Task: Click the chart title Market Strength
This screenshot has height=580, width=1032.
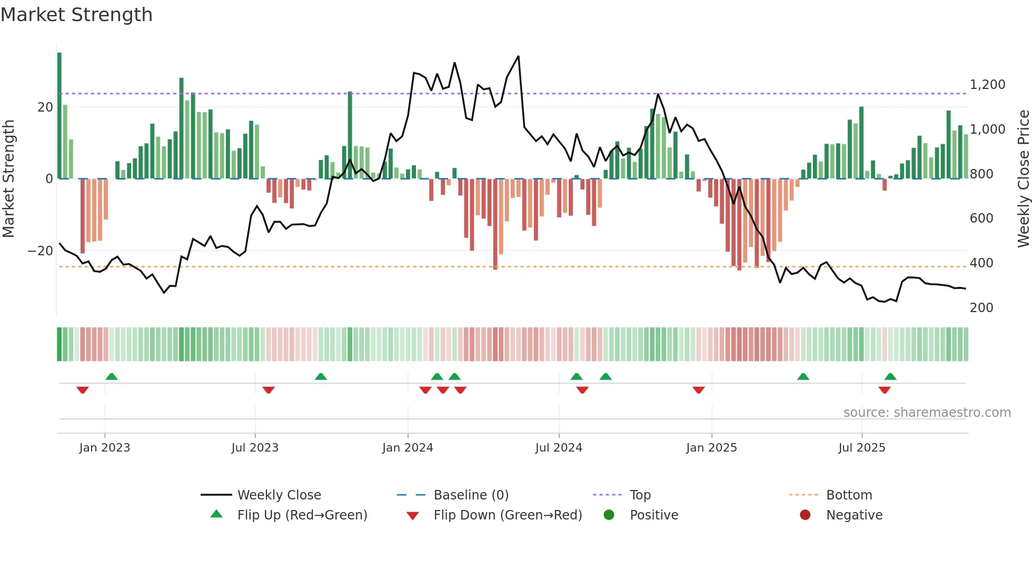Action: [x=76, y=15]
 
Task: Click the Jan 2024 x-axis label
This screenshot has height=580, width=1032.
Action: [x=408, y=448]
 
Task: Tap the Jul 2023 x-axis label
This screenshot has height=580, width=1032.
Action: [x=255, y=448]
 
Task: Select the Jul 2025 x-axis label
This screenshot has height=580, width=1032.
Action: [x=862, y=448]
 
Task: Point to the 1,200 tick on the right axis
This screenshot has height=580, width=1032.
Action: [x=987, y=85]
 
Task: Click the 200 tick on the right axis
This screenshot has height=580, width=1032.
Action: [x=981, y=308]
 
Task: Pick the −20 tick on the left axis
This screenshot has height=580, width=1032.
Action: [x=41, y=251]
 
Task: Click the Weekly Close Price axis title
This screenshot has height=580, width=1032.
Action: [x=1023, y=179]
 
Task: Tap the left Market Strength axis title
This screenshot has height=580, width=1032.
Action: [x=9, y=179]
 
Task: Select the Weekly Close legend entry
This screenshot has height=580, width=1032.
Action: [x=279, y=495]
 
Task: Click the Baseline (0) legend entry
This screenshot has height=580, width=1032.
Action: [x=471, y=495]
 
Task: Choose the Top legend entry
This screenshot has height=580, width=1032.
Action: [x=640, y=495]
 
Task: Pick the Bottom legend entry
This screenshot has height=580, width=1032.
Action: [x=849, y=495]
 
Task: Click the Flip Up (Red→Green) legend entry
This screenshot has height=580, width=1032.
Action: [x=302, y=515]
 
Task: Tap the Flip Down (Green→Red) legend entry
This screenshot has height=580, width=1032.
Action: [x=508, y=515]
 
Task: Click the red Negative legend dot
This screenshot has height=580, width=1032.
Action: [x=805, y=515]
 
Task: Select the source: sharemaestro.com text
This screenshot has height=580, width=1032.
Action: [x=927, y=413]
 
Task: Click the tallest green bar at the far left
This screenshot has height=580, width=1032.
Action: [x=59, y=116]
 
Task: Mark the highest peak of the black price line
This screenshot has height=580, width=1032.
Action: [x=518, y=56]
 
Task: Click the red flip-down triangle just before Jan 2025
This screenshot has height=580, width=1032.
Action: [x=699, y=390]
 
